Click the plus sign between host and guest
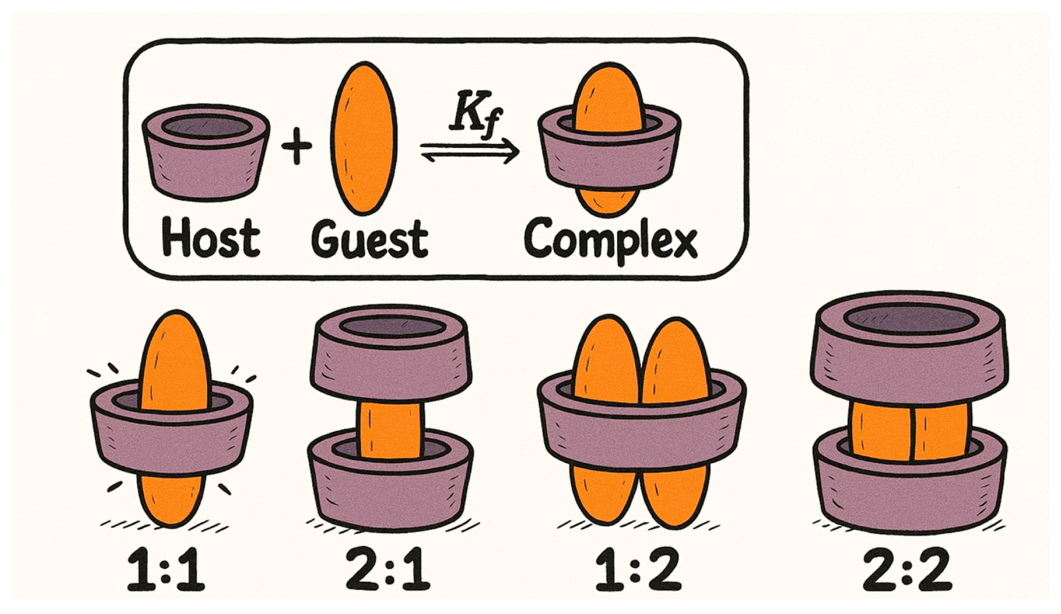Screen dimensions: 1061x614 click(297, 147)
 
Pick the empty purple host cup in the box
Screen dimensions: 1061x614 click(205, 168)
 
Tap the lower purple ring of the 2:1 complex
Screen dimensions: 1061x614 click(389, 493)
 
